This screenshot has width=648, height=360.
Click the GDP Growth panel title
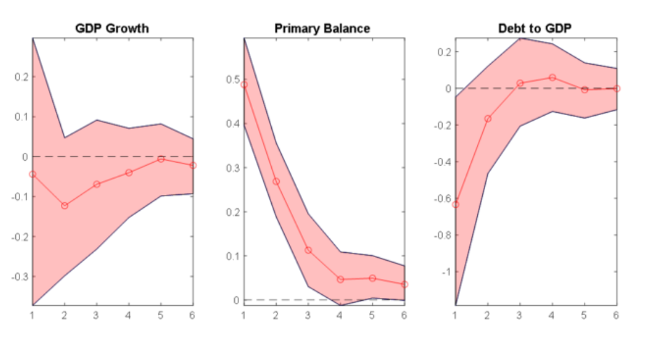point(112,29)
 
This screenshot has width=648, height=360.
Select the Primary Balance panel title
point(322,29)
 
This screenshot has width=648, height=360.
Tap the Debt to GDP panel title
point(535,29)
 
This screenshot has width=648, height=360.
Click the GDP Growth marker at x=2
point(65,206)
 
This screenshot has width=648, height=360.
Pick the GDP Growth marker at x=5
point(161,159)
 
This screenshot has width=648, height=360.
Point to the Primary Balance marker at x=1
point(244,85)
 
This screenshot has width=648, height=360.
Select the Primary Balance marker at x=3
point(308,250)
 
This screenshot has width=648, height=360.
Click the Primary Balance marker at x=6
point(404,284)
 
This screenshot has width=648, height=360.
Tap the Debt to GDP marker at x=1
point(455,205)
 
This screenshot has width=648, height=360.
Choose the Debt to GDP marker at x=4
point(552,77)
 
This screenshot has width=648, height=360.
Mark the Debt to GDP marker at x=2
point(487,119)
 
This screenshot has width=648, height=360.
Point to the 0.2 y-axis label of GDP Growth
point(21,77)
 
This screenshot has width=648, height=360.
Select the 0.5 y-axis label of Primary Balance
point(232,80)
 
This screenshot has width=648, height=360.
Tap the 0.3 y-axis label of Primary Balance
point(232,168)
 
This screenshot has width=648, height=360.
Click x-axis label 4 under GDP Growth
point(129,315)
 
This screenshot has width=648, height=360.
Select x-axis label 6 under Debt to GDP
point(616,315)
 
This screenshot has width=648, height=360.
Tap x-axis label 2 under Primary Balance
point(276,315)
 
